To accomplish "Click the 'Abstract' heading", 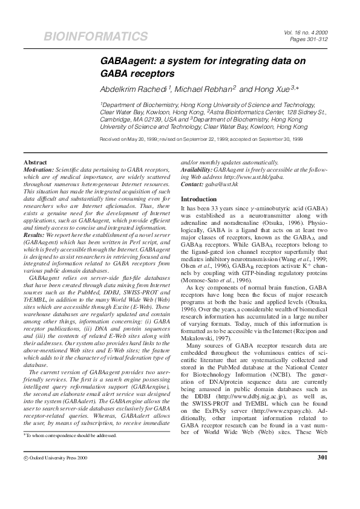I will click(x=35, y=163).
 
